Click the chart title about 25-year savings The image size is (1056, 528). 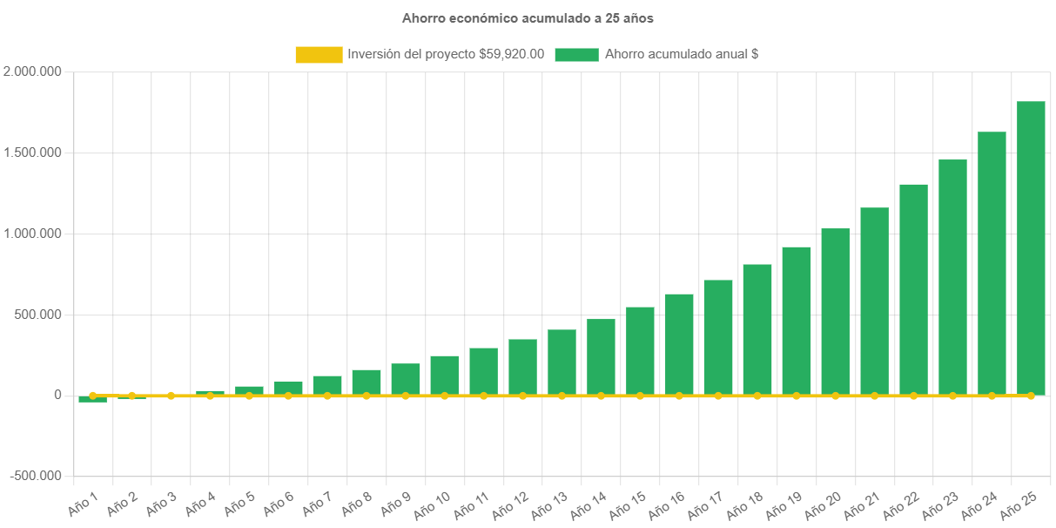pos(528,17)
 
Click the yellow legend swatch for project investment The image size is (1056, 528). pos(319,55)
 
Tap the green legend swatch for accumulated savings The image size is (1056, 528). pos(576,55)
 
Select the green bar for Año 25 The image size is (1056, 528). pos(1031,248)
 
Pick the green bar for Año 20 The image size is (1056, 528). pos(835,311)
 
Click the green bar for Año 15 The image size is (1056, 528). pos(640,350)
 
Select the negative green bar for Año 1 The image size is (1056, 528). pos(92,400)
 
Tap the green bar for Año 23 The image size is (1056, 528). pos(952,277)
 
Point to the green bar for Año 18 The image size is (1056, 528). pos(757,329)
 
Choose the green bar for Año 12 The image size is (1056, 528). pos(522,366)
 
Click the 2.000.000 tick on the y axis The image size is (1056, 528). pos(32,71)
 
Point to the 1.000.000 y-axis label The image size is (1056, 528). pos(32,234)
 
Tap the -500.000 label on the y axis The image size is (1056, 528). pos(36,476)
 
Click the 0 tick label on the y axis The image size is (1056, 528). pos(57,396)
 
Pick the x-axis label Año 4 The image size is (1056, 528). pos(200,503)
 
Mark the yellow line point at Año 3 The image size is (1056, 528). pos(171,396)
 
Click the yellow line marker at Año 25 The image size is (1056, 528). pos(1031,396)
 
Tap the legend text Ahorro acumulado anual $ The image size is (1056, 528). pos(682,55)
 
